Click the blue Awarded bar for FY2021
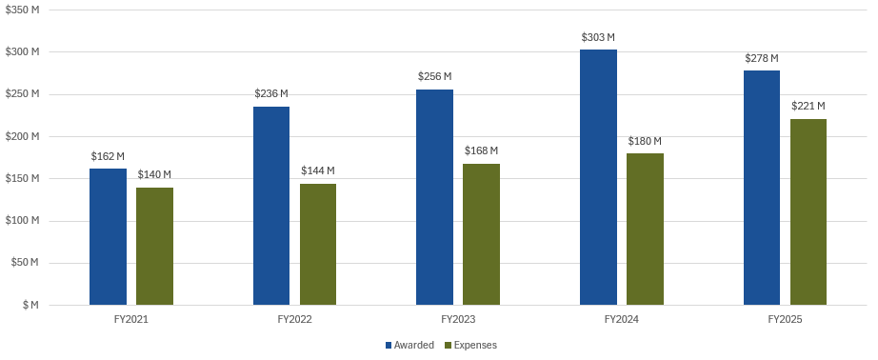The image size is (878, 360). (108, 236)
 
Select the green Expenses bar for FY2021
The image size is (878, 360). (154, 246)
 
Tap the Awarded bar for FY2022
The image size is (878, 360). (271, 206)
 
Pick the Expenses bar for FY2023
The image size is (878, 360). (481, 234)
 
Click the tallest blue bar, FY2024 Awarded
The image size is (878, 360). (598, 177)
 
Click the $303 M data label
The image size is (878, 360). (598, 38)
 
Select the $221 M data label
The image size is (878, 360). (808, 106)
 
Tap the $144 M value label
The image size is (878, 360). (318, 170)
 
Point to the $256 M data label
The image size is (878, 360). (434, 76)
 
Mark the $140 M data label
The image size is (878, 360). (154, 174)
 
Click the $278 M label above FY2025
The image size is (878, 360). (761, 58)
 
